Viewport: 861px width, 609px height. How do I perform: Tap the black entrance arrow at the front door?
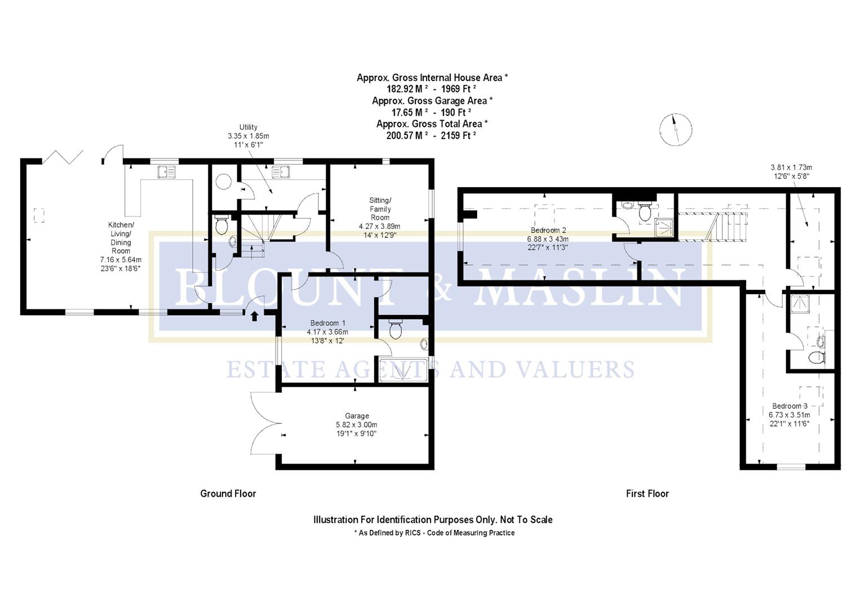pos(254,316)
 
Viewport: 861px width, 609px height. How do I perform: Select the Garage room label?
pos(357,416)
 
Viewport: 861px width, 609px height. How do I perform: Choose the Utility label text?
pos(248,127)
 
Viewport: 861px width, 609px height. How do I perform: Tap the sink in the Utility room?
pos(280,172)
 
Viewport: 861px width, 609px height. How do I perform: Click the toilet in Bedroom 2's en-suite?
pos(645,212)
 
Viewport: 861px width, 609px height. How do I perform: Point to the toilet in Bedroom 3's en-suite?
pos(816,357)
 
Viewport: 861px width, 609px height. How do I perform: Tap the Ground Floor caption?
pos(228,493)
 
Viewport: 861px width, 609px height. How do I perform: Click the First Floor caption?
pos(647,493)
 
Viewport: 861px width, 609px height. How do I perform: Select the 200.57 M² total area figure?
pos(407,135)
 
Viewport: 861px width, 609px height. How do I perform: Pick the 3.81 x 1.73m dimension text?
pos(791,167)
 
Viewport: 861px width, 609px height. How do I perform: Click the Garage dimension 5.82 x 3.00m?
pos(356,425)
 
